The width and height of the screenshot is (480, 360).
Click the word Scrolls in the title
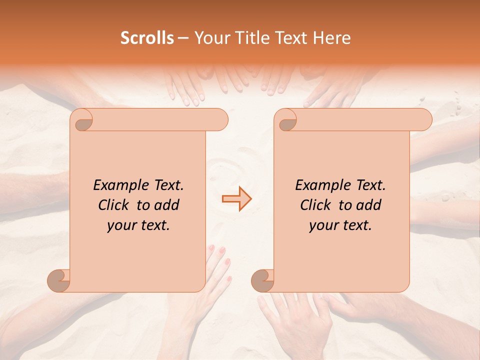tap(147, 38)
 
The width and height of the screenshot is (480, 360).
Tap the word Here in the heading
tap(332, 38)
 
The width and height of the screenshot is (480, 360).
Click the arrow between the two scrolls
tap(236, 199)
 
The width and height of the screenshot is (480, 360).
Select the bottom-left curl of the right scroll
tap(263, 280)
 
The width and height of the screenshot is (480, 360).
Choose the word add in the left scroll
tap(167, 205)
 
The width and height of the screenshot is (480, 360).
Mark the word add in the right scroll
tap(369, 205)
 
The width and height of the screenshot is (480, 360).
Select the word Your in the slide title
tap(209, 38)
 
